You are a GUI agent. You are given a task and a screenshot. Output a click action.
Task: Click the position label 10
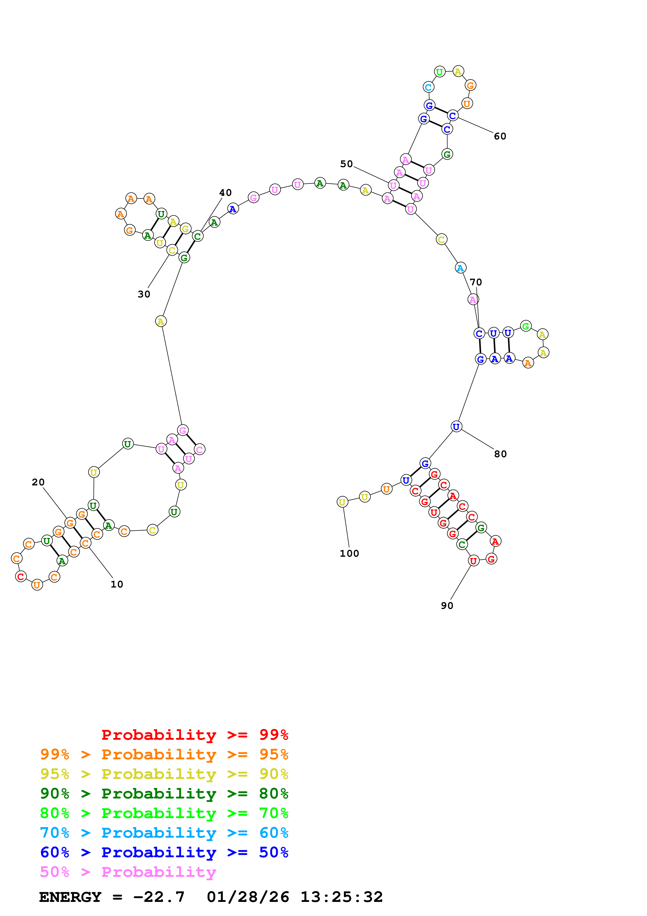tap(117, 584)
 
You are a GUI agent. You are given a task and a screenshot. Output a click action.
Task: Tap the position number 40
tap(226, 193)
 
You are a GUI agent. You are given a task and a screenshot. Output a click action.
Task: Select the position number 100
tap(349, 554)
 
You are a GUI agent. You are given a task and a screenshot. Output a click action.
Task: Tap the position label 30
tap(144, 295)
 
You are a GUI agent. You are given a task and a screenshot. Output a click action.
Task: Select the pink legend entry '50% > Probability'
tap(128, 872)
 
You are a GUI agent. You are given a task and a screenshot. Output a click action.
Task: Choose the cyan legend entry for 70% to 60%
tap(164, 833)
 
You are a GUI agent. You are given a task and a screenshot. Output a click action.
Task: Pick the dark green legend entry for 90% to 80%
tap(164, 794)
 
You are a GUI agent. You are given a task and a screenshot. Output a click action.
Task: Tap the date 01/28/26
tap(248, 897)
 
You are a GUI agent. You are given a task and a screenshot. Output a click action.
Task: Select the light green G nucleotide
tap(526, 326)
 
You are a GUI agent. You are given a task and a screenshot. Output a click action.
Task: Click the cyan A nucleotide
tap(460, 268)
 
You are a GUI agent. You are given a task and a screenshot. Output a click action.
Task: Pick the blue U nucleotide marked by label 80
tap(456, 427)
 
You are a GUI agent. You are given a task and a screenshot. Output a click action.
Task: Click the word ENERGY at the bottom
tap(70, 897)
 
